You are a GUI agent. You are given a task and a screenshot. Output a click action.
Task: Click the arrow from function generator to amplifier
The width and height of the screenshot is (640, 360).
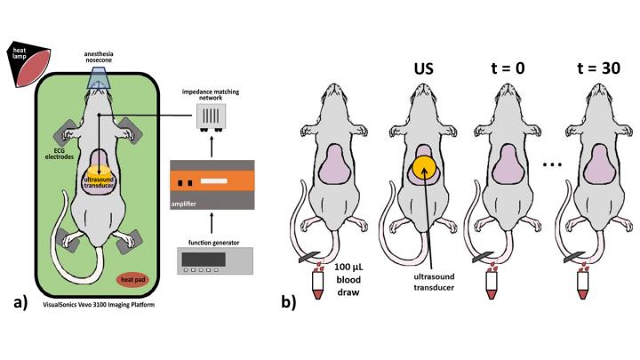220,224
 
